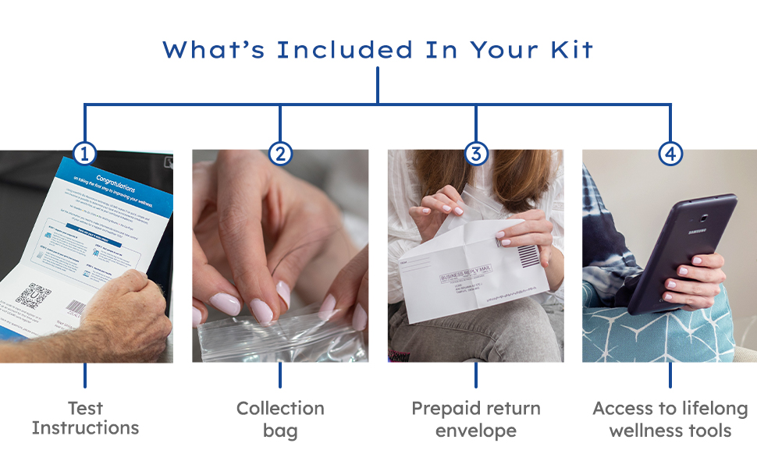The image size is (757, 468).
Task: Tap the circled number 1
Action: [x=84, y=154]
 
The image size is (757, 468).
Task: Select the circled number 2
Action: [x=280, y=154]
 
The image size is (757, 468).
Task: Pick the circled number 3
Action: [x=475, y=154]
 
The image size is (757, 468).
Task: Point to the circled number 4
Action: [x=670, y=154]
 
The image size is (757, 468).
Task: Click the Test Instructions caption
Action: [x=85, y=418]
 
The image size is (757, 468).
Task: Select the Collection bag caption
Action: [x=280, y=419]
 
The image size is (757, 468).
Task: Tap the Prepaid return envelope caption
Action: [x=475, y=419]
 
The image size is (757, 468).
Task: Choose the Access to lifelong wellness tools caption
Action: [x=670, y=419]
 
